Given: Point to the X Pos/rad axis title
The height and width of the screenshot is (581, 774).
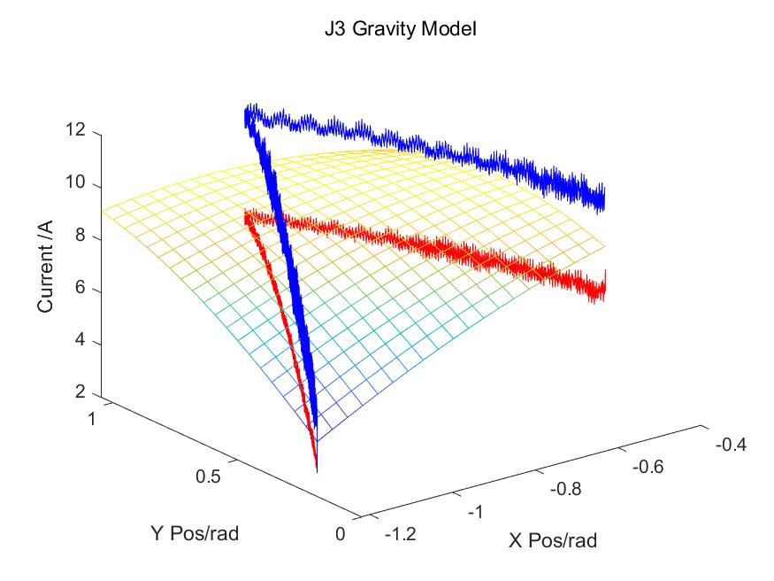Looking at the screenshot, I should [552, 540].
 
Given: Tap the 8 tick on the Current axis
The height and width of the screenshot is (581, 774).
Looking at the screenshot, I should [80, 237].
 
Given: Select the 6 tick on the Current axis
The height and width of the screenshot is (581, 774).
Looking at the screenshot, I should [80, 290].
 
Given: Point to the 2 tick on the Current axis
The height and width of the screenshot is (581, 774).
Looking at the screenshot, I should [80, 391].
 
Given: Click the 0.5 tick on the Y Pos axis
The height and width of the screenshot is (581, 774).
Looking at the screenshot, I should [211, 476].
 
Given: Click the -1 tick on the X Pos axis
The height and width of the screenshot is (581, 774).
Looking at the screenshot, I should [476, 512].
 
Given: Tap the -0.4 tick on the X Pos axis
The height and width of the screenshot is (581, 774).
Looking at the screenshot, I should [730, 445].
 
